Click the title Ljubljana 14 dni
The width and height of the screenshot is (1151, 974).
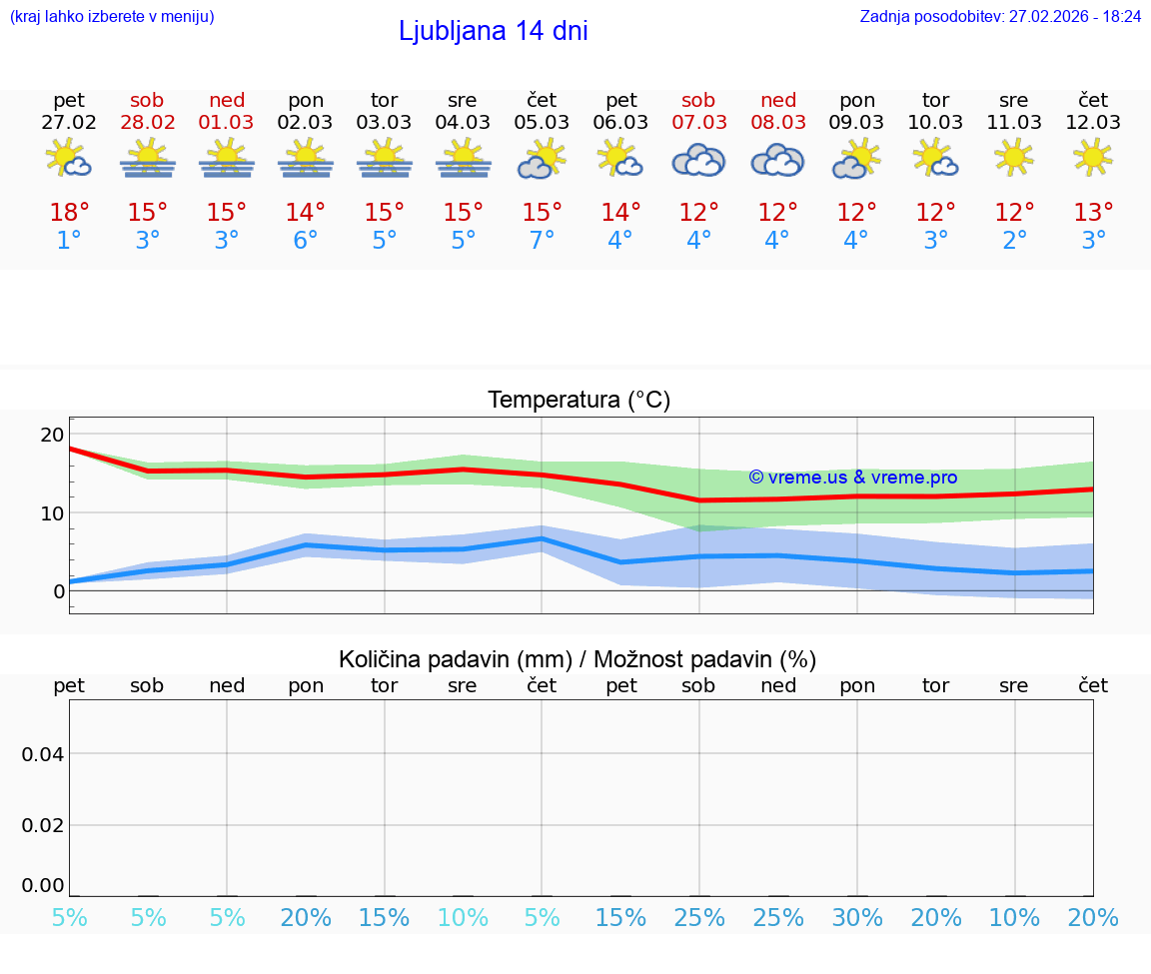pyautogui.click(x=493, y=31)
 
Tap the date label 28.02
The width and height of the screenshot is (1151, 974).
pyautogui.click(x=148, y=123)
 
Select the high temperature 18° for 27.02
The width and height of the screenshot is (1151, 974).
pyautogui.click(x=69, y=213)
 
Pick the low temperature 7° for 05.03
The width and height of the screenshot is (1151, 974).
pyautogui.click(x=542, y=241)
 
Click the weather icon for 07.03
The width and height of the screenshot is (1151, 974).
pyautogui.click(x=698, y=160)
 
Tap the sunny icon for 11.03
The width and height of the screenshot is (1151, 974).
pyautogui.click(x=1014, y=157)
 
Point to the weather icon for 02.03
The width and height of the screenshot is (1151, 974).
pyautogui.click(x=305, y=158)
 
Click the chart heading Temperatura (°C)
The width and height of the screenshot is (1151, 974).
pyautogui.click(x=578, y=401)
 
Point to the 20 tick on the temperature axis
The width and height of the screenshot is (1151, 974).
pyautogui.click(x=52, y=435)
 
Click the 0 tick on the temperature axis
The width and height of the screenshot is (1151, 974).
pyautogui.click(x=58, y=591)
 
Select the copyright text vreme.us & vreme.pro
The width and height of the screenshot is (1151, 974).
pyautogui.click(x=852, y=478)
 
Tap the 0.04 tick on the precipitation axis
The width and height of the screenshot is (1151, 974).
pyautogui.click(x=43, y=754)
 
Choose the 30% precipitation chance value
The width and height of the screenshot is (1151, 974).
pyautogui.click(x=856, y=918)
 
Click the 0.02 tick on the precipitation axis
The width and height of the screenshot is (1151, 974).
pyautogui.click(x=43, y=825)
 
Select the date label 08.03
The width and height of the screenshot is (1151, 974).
pyautogui.click(x=778, y=123)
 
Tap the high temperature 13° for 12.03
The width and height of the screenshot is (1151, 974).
pyautogui.click(x=1093, y=213)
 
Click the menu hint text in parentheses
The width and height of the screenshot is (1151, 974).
pyautogui.click(x=111, y=17)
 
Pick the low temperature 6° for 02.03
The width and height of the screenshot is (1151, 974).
pyautogui.click(x=305, y=241)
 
